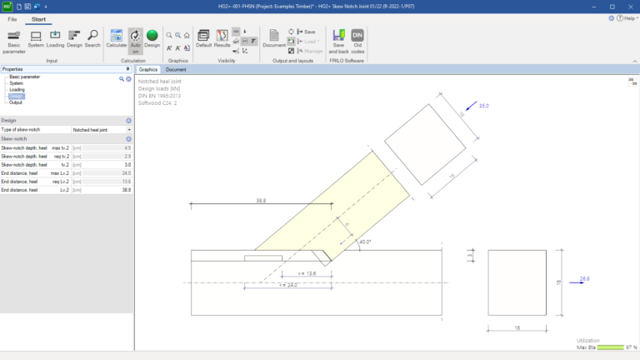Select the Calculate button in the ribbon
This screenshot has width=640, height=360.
tap(117, 39)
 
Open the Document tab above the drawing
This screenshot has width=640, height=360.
tap(176, 69)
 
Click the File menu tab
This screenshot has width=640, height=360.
tap(12, 17)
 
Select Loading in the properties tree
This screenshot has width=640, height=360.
tap(17, 89)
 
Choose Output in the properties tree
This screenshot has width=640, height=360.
tap(16, 102)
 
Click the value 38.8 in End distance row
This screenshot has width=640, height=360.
tap(126, 190)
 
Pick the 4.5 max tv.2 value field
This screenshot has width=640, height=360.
tap(126, 147)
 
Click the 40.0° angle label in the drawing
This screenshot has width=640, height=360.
tap(364, 242)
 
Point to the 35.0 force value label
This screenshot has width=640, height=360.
tap(483, 106)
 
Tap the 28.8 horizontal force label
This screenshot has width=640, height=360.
tap(585, 278)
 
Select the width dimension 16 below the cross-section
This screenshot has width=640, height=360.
tap(517, 328)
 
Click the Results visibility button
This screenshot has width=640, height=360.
tap(222, 39)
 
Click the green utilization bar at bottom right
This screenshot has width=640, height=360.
tap(611, 347)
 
